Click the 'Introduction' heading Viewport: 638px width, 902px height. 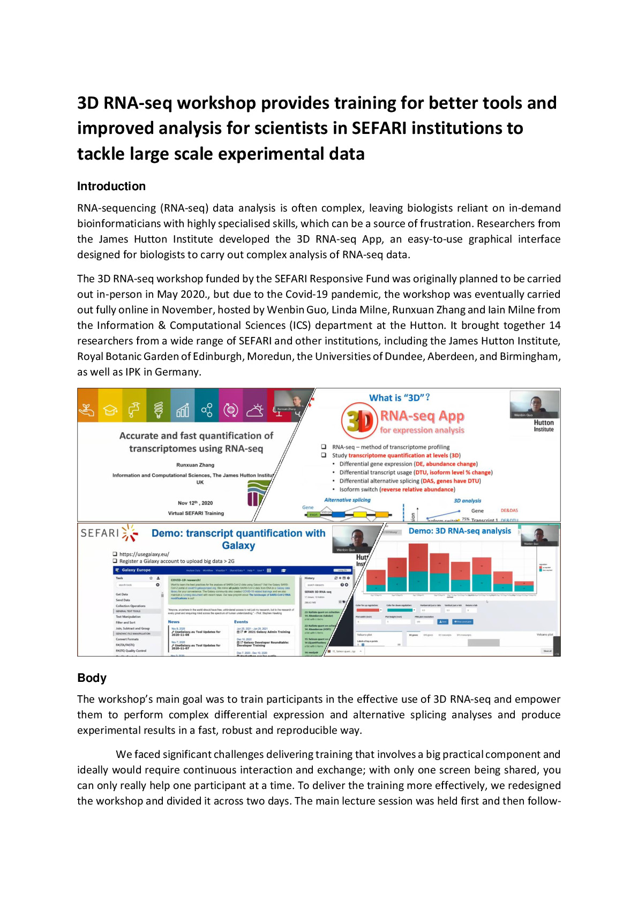tap(111, 186)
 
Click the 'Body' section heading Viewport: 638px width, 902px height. tap(92, 678)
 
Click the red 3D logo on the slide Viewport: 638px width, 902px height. tap(359, 421)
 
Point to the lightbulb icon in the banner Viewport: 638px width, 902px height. tap(159, 410)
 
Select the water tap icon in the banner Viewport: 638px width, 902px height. tap(134, 410)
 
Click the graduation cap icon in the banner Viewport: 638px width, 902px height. tap(110, 410)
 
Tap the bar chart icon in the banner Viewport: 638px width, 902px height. tap(183, 410)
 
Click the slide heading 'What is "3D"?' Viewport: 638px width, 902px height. tap(399, 398)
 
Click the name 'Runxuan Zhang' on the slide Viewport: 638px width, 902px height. tap(195, 465)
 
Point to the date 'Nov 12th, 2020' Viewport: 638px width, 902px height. tap(195, 503)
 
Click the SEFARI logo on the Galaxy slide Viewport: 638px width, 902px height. tap(109, 533)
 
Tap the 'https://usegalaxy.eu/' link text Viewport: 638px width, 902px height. tap(144, 554)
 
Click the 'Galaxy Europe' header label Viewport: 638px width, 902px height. tap(136, 570)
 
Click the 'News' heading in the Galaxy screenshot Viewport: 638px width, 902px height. tap(174, 622)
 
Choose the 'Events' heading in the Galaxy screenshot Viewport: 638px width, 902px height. tap(241, 622)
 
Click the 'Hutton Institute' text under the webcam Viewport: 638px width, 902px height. tap(543, 426)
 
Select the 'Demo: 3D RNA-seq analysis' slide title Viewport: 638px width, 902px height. tap(460, 531)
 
